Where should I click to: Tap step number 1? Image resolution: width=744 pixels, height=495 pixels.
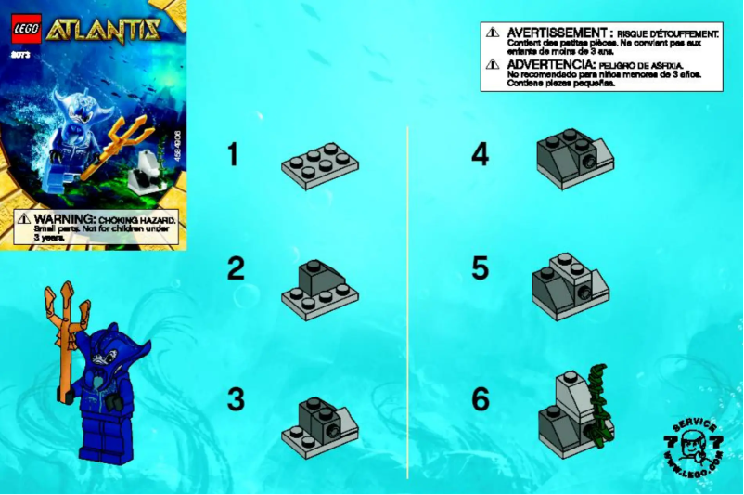(x=232, y=154)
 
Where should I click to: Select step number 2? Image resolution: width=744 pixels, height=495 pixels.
(x=236, y=268)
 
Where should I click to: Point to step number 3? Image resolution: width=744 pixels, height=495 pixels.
(x=236, y=399)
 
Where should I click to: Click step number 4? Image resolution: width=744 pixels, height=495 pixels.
(x=480, y=154)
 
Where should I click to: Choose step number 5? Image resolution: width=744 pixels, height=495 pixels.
(x=480, y=268)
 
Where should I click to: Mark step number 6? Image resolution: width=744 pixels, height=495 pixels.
(x=480, y=399)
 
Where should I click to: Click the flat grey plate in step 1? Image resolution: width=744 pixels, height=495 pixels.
(x=320, y=165)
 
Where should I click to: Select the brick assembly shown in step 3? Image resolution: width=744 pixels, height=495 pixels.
(x=320, y=423)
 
